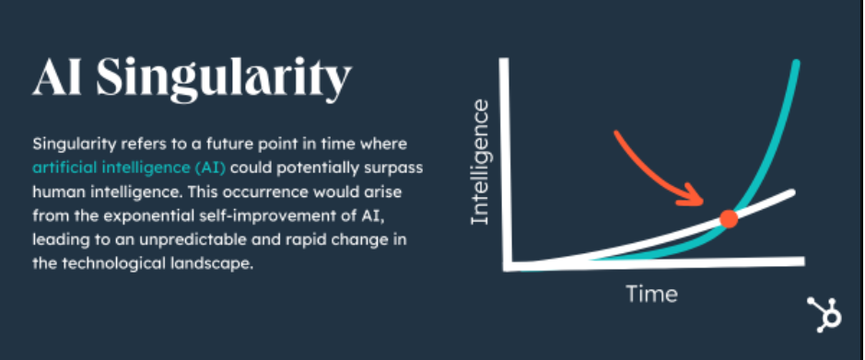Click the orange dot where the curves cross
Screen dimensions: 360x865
pyautogui.click(x=728, y=219)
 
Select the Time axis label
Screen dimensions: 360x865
pyautogui.click(x=652, y=295)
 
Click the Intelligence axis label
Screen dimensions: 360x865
pyautogui.click(x=479, y=163)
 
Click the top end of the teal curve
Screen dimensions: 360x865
pyautogui.click(x=796, y=64)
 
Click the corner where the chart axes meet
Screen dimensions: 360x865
pyautogui.click(x=507, y=265)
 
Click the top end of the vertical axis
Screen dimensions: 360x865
pyautogui.click(x=505, y=63)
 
